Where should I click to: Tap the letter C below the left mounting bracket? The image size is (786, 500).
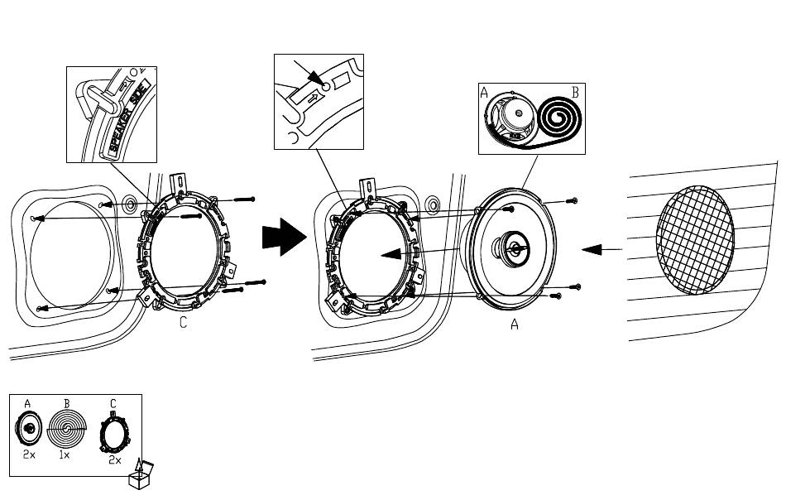tap(184, 324)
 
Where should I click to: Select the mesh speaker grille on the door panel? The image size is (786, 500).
tap(695, 240)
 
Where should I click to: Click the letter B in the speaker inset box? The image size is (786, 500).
tap(574, 94)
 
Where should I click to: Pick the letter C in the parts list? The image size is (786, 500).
tap(113, 404)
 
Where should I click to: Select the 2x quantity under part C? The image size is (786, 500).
tap(115, 460)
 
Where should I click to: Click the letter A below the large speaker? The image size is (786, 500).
tap(514, 326)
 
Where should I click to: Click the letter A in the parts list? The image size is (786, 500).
tap(28, 404)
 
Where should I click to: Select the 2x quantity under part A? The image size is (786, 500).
tap(28, 454)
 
